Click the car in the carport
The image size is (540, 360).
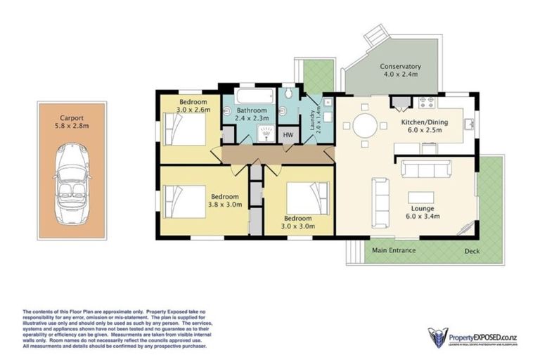pyautogui.click(x=72, y=171)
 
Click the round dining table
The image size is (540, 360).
pyautogui.click(x=364, y=127)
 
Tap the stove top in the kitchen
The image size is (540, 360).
pyautogui.click(x=427, y=103)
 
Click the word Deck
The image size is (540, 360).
pyautogui.click(x=472, y=251)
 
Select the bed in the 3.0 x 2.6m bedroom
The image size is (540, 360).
pyautogui.click(x=185, y=129)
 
